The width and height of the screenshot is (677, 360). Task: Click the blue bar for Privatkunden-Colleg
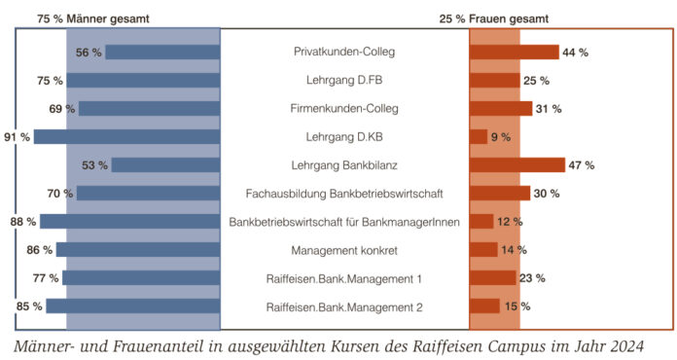162,52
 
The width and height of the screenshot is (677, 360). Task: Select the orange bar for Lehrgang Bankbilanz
517,164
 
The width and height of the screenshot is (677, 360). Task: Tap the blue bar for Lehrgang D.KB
126,136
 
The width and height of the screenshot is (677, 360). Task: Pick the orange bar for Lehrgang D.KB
479,136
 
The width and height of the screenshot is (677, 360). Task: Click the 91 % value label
17,137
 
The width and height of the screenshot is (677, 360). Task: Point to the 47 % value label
582,165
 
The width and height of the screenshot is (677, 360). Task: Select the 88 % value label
23,222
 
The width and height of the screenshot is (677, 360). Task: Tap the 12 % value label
511,222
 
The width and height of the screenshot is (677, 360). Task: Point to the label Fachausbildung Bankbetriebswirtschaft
345,194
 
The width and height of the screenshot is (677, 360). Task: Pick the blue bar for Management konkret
138,250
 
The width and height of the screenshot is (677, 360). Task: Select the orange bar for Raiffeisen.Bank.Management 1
493,278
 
